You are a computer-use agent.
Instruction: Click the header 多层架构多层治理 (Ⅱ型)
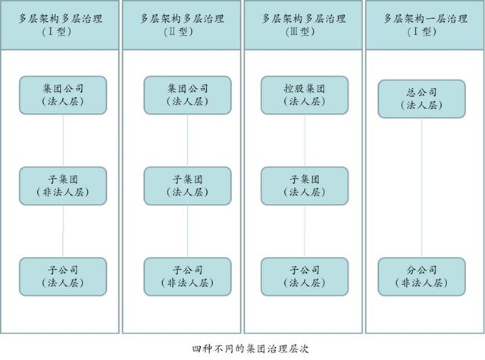tap(182, 25)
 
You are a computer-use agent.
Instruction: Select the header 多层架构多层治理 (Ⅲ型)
tap(303, 25)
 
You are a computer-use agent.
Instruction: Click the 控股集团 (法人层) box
tap(305, 95)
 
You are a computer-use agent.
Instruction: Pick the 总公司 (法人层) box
tap(421, 99)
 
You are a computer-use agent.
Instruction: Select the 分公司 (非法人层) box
tap(421, 277)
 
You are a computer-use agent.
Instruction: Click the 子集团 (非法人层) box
tap(63, 186)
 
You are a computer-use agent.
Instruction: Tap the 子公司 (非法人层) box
tap(187, 277)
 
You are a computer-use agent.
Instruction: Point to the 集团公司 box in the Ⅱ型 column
tap(187, 95)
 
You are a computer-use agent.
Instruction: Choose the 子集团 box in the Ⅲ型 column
tap(305, 186)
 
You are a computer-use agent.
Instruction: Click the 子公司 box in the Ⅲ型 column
tap(305, 277)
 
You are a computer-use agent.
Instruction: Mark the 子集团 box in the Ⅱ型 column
tap(187, 186)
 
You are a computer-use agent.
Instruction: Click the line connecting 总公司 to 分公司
tap(421, 188)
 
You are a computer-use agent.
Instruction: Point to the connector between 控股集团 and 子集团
tap(305, 141)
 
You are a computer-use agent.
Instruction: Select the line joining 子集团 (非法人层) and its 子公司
tap(63, 231)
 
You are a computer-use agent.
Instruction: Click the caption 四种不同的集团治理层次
tap(251, 349)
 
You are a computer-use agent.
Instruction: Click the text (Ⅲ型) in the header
tap(300, 32)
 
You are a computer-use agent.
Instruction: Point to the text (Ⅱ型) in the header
tap(179, 32)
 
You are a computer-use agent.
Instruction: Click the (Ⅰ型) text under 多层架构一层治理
tap(421, 32)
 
